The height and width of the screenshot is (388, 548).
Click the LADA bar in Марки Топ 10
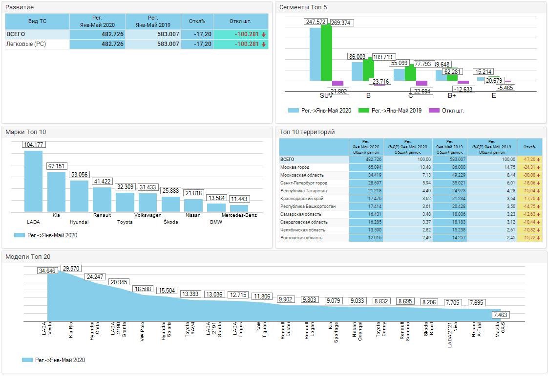[33, 181]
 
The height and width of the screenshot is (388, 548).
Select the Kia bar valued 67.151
[56, 192]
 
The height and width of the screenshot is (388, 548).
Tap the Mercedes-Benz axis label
[239, 215]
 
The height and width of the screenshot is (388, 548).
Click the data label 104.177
[33, 144]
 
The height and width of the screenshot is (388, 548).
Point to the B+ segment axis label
[452, 96]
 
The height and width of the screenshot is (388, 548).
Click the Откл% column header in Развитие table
[197, 22]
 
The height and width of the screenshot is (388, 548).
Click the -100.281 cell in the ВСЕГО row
[240, 34]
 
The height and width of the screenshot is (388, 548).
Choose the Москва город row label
[295, 167]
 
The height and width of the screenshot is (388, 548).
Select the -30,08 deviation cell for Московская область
[529, 175]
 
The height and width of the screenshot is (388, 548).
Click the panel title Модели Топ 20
[28, 256]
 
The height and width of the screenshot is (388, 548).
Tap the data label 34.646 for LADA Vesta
[47, 271]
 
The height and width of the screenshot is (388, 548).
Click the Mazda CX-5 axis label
[500, 327]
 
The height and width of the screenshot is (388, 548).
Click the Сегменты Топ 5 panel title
[303, 7]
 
